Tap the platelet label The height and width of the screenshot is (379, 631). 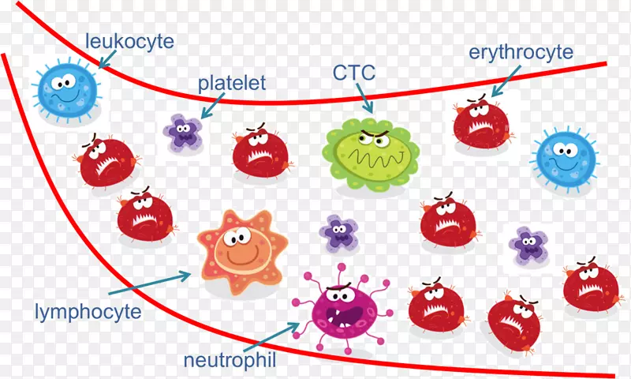231,83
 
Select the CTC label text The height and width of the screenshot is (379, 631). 354,75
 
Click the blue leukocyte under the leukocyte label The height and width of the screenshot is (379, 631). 65,91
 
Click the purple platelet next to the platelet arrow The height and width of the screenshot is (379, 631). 182,132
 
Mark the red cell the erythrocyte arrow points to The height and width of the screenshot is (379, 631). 481,122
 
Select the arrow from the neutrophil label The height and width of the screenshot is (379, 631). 272,336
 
